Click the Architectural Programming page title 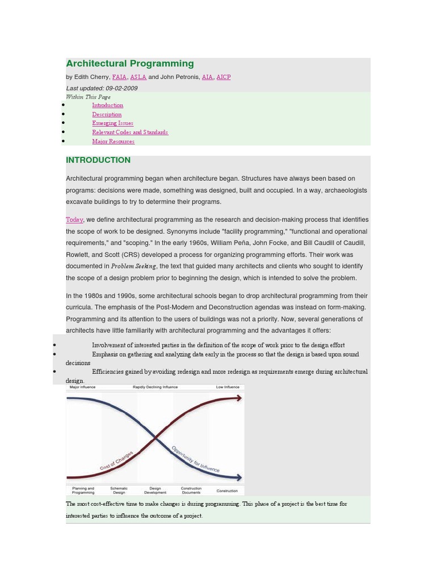pos(129,64)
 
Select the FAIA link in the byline pos(119,77)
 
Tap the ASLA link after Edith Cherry pos(138,77)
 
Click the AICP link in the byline pos(224,77)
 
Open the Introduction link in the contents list pos(107,105)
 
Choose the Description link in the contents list pos(107,114)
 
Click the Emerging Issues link pos(112,123)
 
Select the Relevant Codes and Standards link pos(130,132)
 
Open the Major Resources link pos(113,141)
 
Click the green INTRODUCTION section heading pos(98,160)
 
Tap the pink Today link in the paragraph pos(74,219)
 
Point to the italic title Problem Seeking pos(133,266)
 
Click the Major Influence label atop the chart pos(82,387)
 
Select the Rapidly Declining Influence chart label pos(155,387)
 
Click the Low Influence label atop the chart pos(228,387)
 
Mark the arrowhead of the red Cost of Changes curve pos(240,398)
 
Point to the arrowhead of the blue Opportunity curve pos(240,477)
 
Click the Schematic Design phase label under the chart pos(119,490)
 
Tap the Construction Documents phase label pos(191,490)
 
